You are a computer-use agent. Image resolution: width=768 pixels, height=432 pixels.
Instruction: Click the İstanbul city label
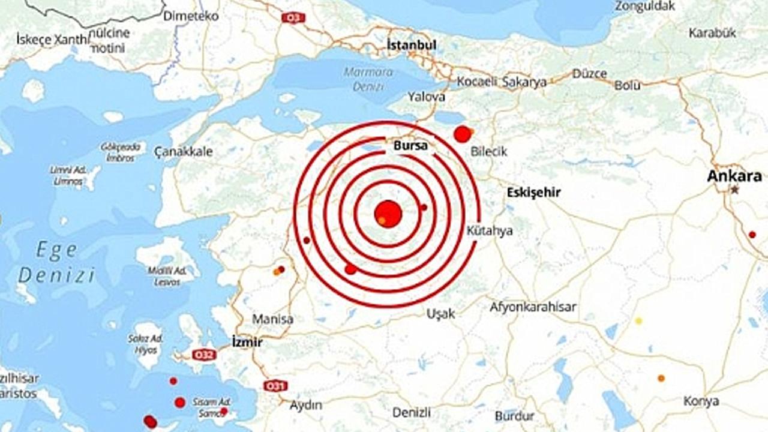(x=412, y=45)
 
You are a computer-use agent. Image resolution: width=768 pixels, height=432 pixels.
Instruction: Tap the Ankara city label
(x=734, y=176)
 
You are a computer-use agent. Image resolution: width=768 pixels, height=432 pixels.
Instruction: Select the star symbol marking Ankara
(x=734, y=190)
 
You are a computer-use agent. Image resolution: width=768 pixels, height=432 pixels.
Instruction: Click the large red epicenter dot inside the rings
(x=388, y=214)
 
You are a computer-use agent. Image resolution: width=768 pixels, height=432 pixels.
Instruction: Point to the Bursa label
(x=410, y=146)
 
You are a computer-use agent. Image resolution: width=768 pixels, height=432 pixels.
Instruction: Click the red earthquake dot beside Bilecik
(x=461, y=134)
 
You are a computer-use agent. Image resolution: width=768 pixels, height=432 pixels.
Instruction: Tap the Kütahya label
(x=490, y=230)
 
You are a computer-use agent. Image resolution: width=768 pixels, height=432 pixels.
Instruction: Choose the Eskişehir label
(x=533, y=193)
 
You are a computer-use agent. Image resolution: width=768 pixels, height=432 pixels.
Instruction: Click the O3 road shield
(x=293, y=18)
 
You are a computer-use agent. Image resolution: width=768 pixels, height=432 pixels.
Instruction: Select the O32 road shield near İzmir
(x=203, y=355)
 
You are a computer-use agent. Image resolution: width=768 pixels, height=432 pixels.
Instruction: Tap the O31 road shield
(x=275, y=385)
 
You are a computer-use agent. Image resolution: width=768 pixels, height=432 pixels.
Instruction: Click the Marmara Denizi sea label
(x=368, y=79)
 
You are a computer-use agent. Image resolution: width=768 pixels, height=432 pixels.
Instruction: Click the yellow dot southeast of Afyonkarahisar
(x=638, y=321)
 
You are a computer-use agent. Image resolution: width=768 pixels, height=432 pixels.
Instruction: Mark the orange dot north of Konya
(x=661, y=378)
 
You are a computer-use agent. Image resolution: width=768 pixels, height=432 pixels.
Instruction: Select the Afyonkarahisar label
(x=533, y=307)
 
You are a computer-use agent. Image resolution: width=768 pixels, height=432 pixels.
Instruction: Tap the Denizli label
(x=412, y=412)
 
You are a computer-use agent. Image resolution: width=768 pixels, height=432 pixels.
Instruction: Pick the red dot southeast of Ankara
(x=752, y=234)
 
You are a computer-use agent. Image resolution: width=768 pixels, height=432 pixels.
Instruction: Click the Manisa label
(x=272, y=319)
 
